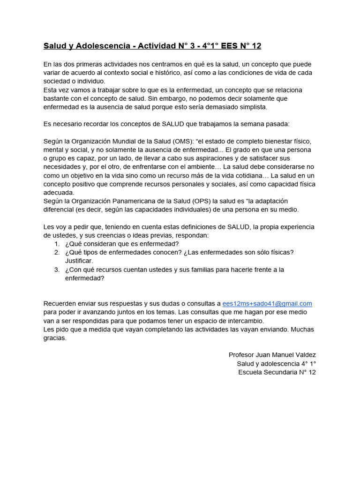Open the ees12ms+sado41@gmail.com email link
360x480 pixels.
point(267,304)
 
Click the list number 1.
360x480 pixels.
point(57,244)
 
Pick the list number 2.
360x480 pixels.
point(57,252)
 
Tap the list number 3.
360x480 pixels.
point(57,270)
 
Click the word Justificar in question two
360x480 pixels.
point(79,261)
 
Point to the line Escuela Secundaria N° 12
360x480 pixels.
point(277,372)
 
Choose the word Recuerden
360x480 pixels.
point(61,304)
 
